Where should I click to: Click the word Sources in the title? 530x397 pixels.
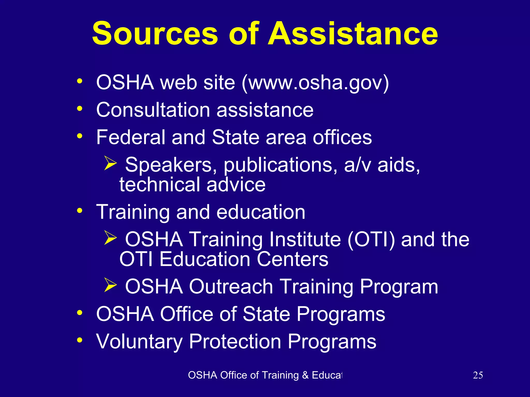pos(155,34)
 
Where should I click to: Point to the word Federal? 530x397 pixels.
pos(130,137)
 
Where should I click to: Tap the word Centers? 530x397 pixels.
pos(292,259)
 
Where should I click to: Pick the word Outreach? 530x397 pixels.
pos(231,287)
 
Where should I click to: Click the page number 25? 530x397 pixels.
pos(478,375)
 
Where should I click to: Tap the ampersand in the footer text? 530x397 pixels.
pos(305,375)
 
